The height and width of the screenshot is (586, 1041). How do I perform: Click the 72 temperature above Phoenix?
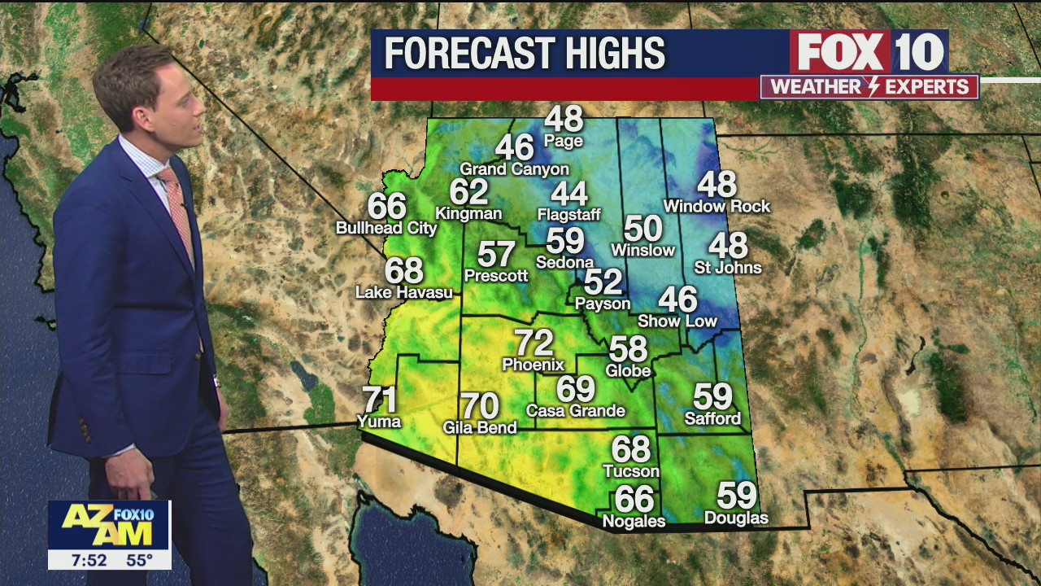534,343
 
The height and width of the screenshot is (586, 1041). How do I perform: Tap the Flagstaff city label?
568,215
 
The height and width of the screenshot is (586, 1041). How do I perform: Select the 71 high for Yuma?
380,400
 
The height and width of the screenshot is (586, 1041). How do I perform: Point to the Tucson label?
631,471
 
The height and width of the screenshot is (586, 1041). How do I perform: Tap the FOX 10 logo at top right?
869,52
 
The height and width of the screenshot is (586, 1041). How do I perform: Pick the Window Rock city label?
717,207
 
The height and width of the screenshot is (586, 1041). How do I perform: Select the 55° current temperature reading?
139,560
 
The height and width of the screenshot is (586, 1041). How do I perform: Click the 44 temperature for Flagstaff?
568,195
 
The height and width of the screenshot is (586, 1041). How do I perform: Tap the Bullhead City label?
386,229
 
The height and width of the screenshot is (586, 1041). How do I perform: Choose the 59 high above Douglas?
736,496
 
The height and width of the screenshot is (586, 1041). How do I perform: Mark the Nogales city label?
634,521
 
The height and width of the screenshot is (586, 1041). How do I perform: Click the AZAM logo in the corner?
109,525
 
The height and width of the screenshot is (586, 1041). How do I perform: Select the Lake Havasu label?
404,292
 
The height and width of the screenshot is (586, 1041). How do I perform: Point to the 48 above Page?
564,120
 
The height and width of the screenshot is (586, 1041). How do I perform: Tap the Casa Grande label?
576,411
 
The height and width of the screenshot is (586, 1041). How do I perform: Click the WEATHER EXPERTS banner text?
869,87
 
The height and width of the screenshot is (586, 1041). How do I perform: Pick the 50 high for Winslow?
642,230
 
